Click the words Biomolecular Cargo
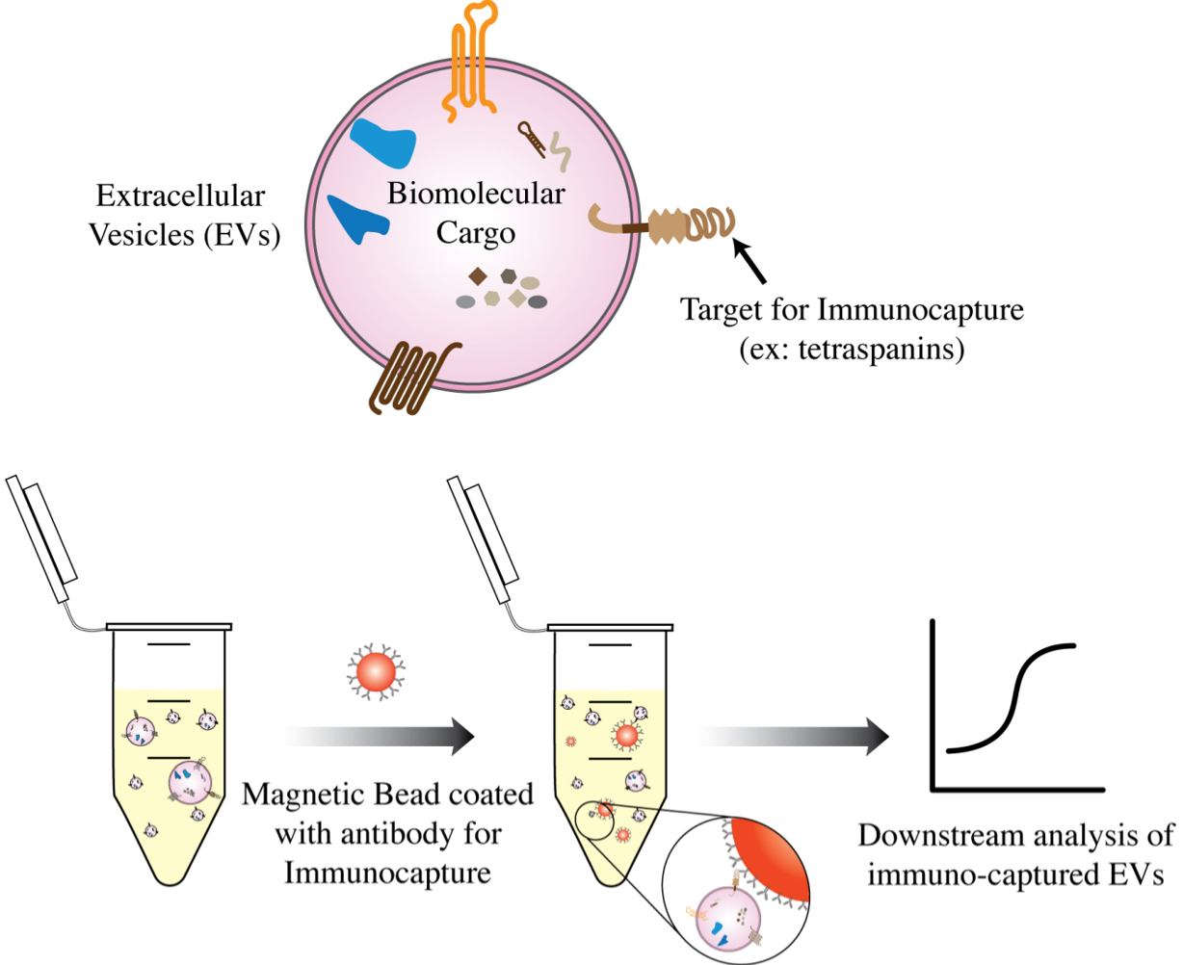coord(476,213)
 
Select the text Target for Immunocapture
coord(852,310)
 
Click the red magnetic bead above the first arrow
coord(375,672)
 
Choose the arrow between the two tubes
coord(381,737)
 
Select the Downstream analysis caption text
coord(1015,854)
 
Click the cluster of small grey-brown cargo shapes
coord(502,289)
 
